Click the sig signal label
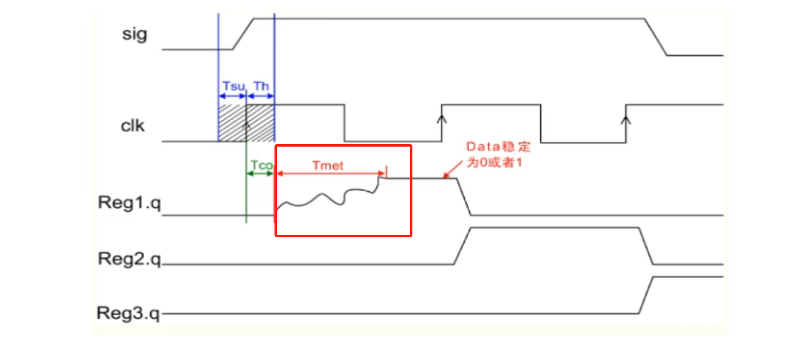click(134, 34)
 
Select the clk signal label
click(133, 126)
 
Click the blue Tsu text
click(232, 86)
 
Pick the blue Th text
click(261, 86)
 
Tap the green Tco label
click(261, 165)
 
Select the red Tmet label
click(327, 166)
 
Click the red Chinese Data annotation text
click(498, 154)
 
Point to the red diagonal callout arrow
click(455, 170)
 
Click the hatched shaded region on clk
click(246, 123)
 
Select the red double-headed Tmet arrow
click(331, 172)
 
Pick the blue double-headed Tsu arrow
click(232, 96)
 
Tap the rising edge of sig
click(243, 33)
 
